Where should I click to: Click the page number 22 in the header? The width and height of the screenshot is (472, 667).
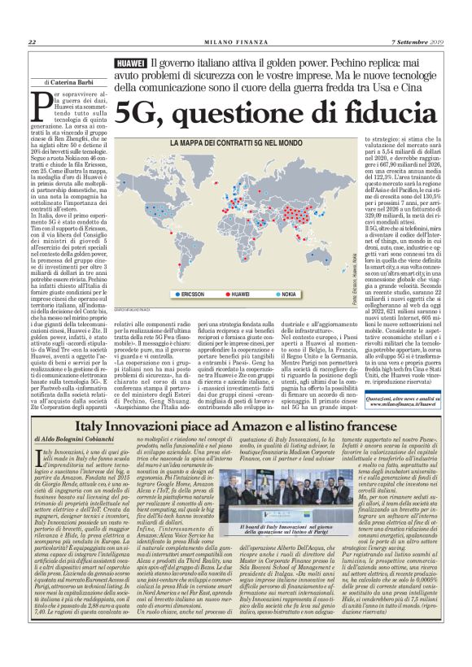(32, 42)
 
